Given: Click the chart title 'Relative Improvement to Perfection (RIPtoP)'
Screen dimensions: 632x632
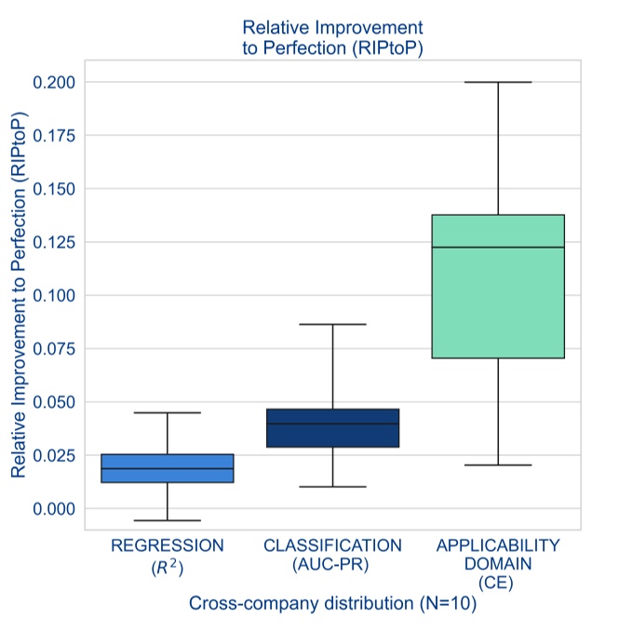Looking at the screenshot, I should click(x=332, y=38).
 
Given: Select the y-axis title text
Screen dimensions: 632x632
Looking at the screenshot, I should click(x=19, y=295).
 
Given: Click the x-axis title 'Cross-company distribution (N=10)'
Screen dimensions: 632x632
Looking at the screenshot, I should click(x=332, y=603).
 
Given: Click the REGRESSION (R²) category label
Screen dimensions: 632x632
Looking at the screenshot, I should click(x=168, y=555).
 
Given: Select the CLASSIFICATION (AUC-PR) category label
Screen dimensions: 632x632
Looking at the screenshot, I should click(x=332, y=555).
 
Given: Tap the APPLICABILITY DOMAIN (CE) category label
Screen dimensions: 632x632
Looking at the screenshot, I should click(x=498, y=563).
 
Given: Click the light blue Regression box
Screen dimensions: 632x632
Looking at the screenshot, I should click(x=168, y=468).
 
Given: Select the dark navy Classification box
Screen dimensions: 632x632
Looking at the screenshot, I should click(x=332, y=428).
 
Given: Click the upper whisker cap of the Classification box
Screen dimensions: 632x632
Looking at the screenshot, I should click(x=332, y=324).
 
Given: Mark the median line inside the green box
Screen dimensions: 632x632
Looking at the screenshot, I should click(x=498, y=248).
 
